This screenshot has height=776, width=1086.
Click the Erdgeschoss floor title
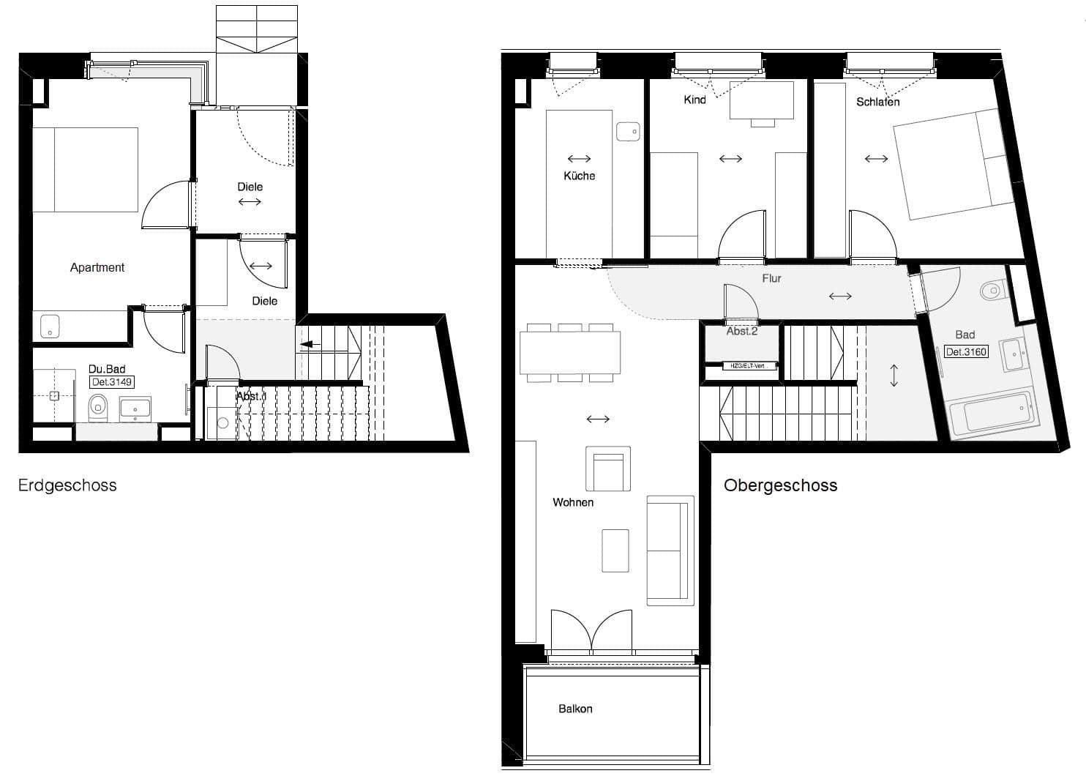coord(67,485)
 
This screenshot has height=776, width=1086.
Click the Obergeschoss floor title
coord(780,485)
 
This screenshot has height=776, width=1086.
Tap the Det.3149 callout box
coord(112,382)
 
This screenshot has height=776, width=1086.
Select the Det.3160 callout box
coord(966,352)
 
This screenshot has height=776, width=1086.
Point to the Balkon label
coord(575,709)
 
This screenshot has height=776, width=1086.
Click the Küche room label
coord(579,176)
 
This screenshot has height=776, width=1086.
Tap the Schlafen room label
coord(877,102)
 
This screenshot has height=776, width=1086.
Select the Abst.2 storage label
coord(741,332)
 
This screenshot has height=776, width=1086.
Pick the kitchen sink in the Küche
coord(628,132)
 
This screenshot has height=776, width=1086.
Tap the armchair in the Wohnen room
coord(607,469)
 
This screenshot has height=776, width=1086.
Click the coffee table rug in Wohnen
coord(615,551)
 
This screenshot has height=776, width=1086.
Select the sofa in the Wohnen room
coord(670,551)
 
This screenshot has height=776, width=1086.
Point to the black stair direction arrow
coord(310,343)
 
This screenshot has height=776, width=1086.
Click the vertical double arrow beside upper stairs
coord(894,376)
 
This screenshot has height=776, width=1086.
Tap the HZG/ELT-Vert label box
coord(742,366)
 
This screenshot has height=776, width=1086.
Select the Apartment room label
coord(97,268)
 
